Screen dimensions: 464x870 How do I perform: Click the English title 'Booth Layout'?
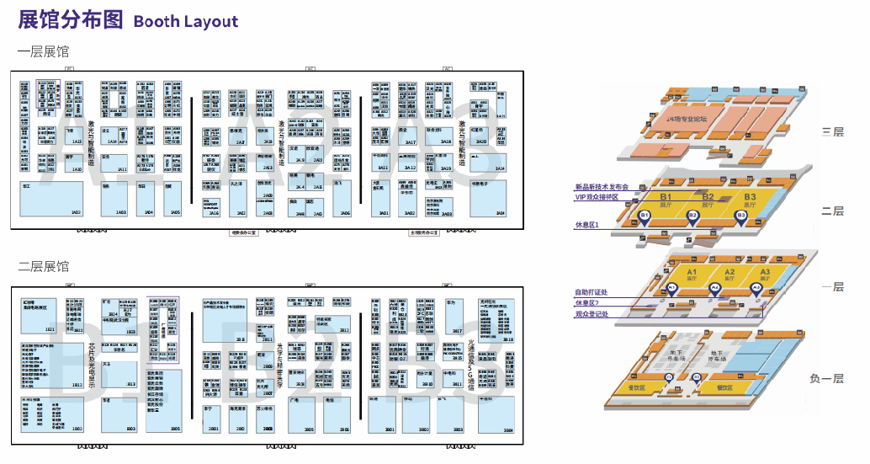[185, 21]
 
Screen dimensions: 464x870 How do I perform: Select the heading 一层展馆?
[43, 52]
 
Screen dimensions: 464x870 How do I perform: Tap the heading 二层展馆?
[43, 267]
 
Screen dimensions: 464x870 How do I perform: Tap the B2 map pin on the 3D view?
[692, 216]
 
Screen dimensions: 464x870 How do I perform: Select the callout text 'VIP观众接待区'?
[596, 197]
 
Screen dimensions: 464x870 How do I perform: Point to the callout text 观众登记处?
[591, 314]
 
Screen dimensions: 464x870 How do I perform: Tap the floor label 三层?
[832, 132]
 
